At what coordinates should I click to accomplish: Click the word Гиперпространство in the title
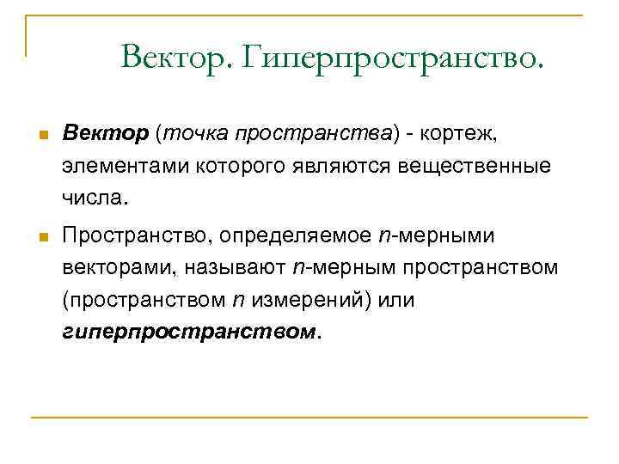coord(395,58)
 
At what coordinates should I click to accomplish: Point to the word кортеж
coord(468,134)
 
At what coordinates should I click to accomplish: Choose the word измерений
coord(305,300)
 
